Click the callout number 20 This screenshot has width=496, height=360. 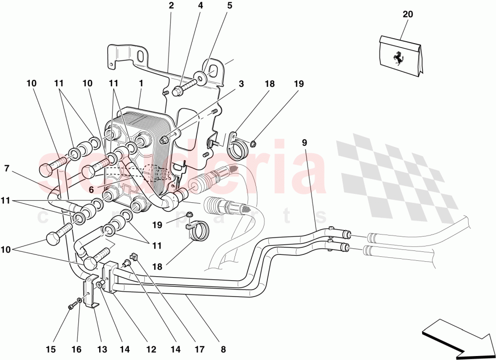407,14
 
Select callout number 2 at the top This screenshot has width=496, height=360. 171,6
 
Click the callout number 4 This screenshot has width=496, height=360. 200,6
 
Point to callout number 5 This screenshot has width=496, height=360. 230,6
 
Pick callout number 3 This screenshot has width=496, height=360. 241,84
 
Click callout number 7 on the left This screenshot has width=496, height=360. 6,169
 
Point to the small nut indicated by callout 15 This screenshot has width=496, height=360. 71,307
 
